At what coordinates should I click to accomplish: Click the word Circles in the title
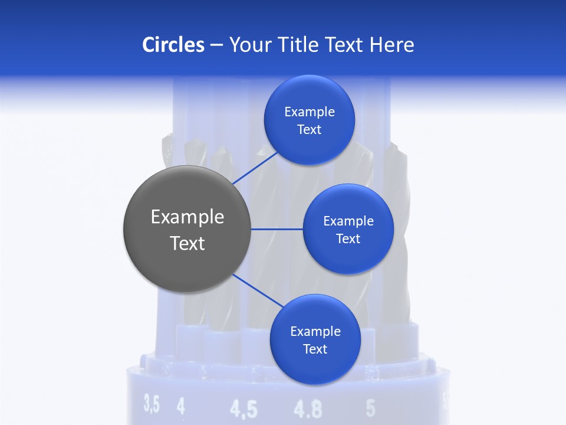point(173,45)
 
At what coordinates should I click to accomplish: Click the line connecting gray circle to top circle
point(255,168)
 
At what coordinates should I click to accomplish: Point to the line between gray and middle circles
point(277,229)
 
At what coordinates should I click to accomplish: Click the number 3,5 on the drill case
point(152,405)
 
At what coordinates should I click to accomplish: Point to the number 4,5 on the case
point(243,408)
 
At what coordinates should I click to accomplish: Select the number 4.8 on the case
point(308,408)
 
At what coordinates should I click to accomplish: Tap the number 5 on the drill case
point(370,407)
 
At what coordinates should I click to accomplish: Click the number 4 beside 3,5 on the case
point(180,406)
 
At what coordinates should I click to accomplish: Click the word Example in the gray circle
point(187,217)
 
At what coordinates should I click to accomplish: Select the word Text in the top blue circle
point(309,130)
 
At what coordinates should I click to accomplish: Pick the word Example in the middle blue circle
point(348,221)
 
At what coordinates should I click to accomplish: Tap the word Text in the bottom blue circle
point(315,349)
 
